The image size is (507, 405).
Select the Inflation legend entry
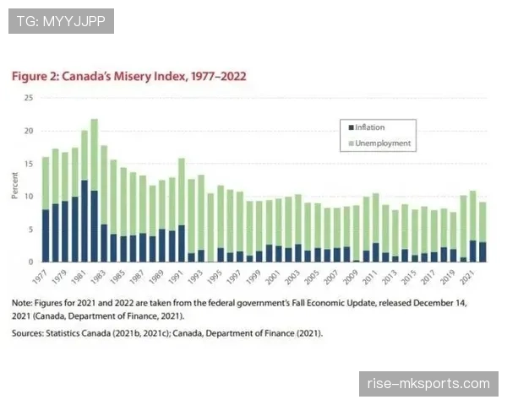pos(367,127)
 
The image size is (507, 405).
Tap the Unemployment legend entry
pos(379,143)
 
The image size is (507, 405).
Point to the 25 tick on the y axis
pos(29,98)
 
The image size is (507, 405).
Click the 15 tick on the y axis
pos(29,164)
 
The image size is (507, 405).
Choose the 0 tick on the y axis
pos(30,262)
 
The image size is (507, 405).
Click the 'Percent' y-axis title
pos(14,186)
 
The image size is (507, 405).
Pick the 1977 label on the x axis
pos(40,277)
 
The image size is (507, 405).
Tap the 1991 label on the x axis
pos(177,277)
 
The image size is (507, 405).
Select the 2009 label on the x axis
pos(351,277)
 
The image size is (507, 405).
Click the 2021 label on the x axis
pos(467,277)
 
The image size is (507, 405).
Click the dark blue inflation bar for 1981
pos(84,221)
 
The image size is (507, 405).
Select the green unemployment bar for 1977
pos(46,183)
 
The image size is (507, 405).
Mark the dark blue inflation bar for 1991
pos(182,244)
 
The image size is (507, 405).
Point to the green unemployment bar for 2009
pos(357,233)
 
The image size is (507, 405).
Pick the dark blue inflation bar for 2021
pos(472,251)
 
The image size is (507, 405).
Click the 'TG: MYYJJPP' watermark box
pos(61,21)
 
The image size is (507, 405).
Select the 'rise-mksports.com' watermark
pos(428,384)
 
